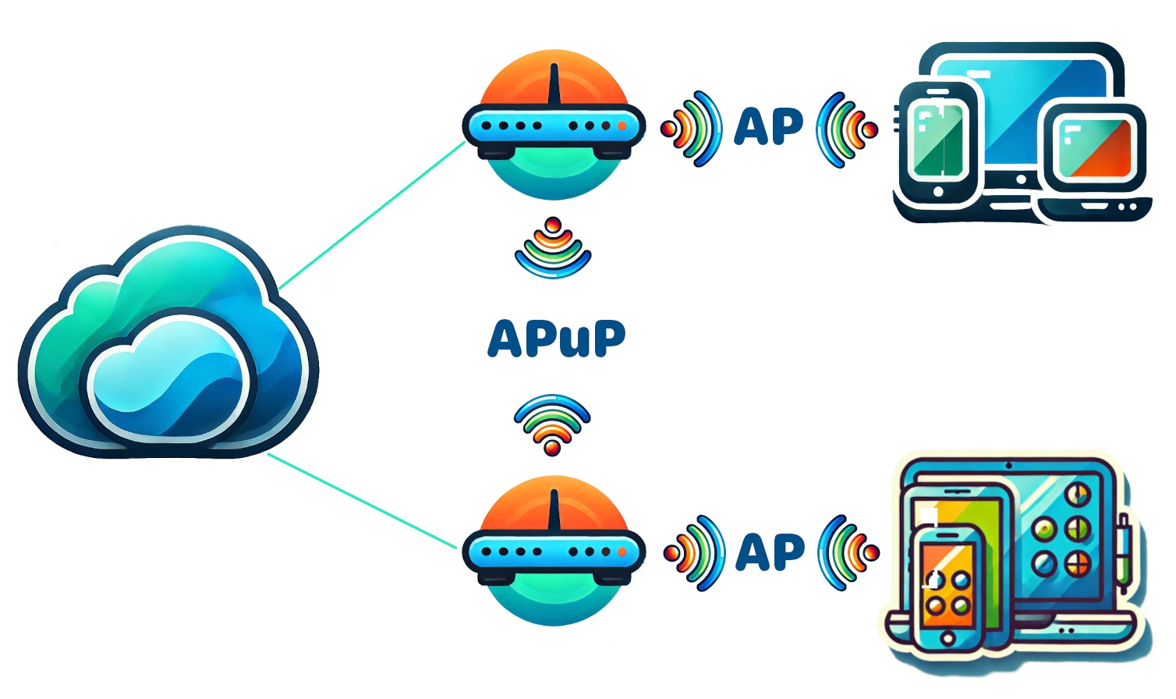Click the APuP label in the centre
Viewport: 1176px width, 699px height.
click(556, 339)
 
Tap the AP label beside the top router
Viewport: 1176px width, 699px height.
click(768, 127)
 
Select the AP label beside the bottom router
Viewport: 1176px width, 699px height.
click(770, 552)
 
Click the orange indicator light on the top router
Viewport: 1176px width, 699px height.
click(622, 126)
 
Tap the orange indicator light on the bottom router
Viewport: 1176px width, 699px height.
click(622, 552)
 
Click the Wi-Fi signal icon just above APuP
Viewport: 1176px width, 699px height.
click(553, 249)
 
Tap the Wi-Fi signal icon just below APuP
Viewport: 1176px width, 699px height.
click(552, 424)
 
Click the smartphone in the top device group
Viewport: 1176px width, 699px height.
click(937, 140)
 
